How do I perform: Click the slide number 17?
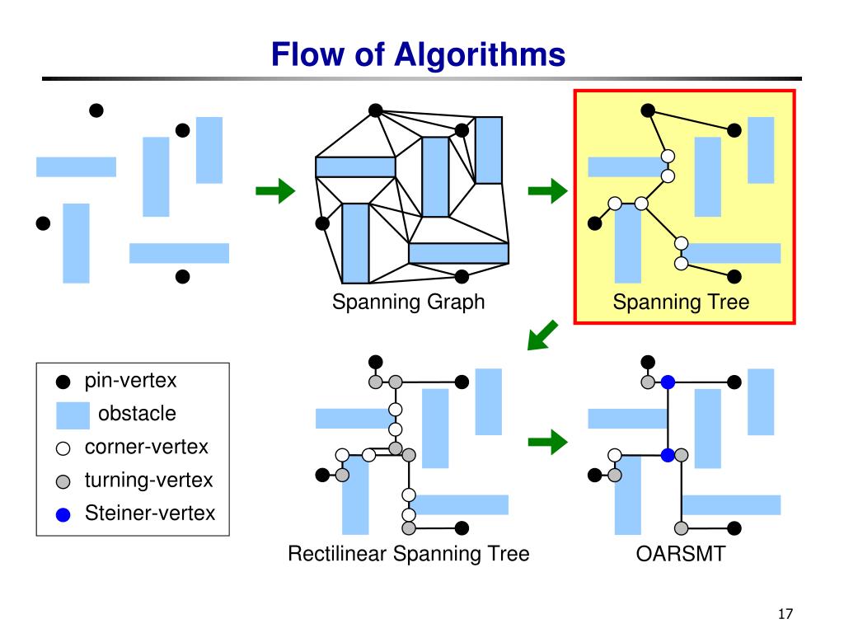click(784, 613)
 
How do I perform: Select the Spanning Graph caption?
click(408, 302)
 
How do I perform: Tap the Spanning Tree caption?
click(681, 302)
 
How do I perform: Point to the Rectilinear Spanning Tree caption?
click(408, 554)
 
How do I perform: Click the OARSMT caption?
click(681, 554)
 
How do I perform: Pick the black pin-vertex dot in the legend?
click(63, 382)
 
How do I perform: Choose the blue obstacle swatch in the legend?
click(73, 415)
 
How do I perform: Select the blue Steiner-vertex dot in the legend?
click(63, 515)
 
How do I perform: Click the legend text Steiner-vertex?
click(149, 513)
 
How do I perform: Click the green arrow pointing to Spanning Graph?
click(275, 192)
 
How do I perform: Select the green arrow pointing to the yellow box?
click(547, 192)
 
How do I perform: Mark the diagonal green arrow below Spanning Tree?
click(543, 335)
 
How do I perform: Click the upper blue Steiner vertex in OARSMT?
click(668, 382)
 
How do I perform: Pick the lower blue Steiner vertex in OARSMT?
click(668, 454)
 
